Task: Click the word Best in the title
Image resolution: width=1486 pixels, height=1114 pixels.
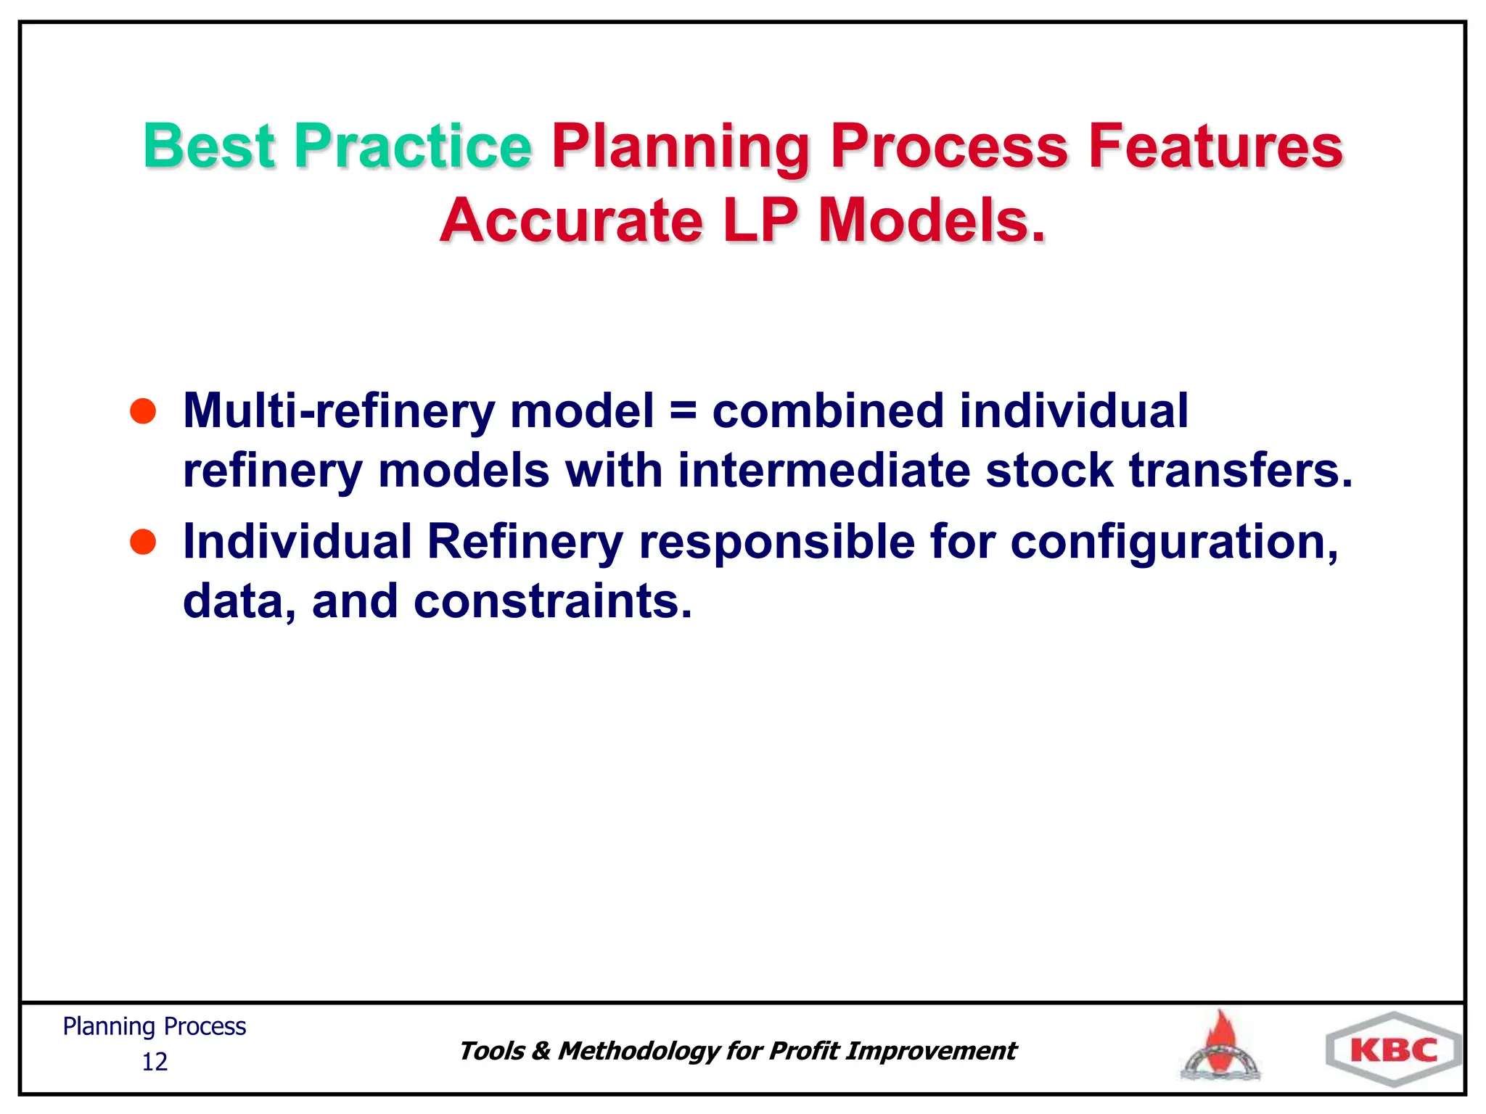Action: [209, 147]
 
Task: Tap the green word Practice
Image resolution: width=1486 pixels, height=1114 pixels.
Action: [412, 147]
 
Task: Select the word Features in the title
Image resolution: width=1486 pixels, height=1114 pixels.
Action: [1215, 147]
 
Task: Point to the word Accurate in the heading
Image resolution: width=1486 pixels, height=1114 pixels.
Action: [572, 220]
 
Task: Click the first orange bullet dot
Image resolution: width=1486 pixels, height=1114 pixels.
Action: [143, 411]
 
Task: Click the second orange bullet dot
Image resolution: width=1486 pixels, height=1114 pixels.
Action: [143, 542]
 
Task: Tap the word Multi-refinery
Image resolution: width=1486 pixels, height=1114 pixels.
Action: [339, 411]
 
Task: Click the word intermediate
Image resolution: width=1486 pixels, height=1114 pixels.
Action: [824, 471]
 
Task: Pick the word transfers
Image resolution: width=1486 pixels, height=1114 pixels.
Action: [1241, 471]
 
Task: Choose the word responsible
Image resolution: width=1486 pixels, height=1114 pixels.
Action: [776, 542]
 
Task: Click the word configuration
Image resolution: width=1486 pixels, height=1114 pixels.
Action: [1174, 543]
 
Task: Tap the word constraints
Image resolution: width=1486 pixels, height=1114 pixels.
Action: [552, 601]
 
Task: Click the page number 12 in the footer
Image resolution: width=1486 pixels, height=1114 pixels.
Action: [155, 1062]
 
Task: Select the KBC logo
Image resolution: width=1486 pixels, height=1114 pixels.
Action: [1394, 1050]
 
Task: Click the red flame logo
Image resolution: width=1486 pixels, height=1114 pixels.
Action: [1222, 1045]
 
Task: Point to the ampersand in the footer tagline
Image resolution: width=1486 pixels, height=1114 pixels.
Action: [541, 1051]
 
